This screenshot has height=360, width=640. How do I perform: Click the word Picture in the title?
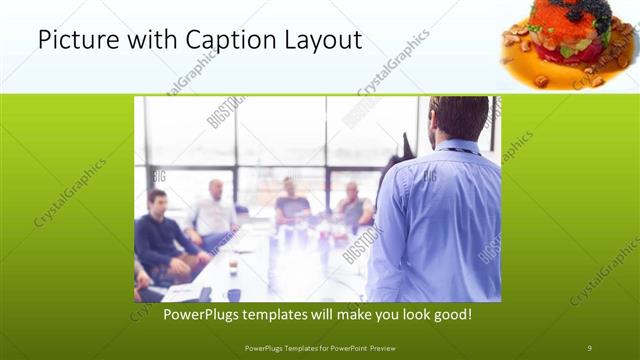pyautogui.click(x=76, y=41)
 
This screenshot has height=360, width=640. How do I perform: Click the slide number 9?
pyautogui.click(x=589, y=347)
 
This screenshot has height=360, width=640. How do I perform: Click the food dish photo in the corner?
pyautogui.click(x=566, y=45)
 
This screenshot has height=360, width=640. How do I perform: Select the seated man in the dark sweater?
pyautogui.click(x=160, y=235)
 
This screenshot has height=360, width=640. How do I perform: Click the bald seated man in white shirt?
pyautogui.click(x=213, y=210)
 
